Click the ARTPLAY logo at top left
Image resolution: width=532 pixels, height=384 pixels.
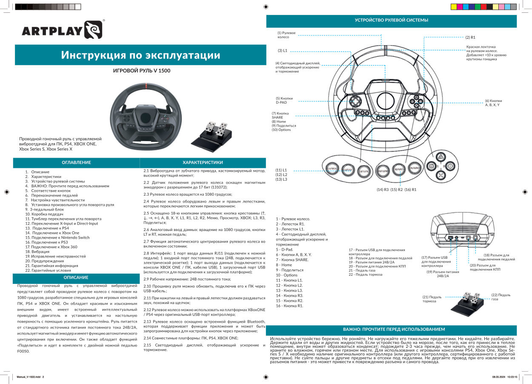pos(62,31)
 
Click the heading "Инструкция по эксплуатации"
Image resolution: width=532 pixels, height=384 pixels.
pos(140,55)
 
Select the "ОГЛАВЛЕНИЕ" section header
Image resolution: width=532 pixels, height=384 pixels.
pos(76,163)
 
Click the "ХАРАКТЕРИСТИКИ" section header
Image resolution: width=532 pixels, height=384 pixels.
pos(203,163)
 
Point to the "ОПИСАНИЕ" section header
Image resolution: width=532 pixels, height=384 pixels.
pos(76,277)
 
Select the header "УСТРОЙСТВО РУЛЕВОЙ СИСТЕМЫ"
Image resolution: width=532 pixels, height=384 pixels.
pos(391,20)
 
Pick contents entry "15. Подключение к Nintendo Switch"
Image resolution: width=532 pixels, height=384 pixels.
pos(57,237)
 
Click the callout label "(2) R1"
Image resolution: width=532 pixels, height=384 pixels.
pos(470,38)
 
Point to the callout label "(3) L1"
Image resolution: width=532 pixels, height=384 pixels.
pos(283,51)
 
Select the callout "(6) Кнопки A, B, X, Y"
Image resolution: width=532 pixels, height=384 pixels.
pos(493,103)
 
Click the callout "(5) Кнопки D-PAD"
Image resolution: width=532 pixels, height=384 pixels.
pos(284,101)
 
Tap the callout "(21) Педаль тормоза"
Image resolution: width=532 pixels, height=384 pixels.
pos(432,299)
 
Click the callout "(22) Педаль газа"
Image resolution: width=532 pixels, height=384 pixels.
pos(501,297)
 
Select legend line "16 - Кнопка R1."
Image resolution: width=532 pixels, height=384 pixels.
pos(289,306)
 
